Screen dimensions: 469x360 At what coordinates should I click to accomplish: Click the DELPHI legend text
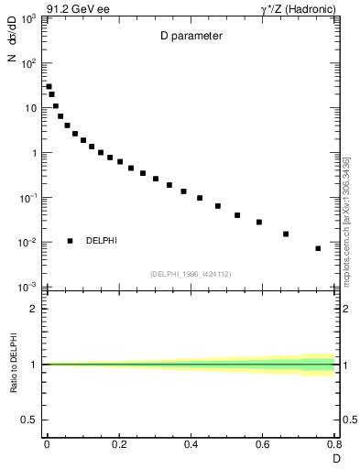click(101, 241)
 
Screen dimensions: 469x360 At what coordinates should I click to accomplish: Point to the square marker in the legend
click(70, 241)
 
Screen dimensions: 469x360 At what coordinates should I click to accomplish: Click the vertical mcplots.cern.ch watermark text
click(347, 221)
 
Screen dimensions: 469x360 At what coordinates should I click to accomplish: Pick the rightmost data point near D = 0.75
click(318, 248)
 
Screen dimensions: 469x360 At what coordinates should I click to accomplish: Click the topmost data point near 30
click(49, 87)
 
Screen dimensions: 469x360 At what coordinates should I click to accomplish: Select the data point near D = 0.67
click(286, 234)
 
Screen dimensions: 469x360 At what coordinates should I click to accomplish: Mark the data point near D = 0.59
click(259, 222)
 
